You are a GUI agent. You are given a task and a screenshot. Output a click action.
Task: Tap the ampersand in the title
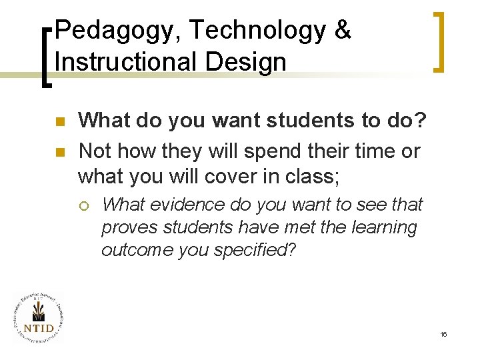pos(342,31)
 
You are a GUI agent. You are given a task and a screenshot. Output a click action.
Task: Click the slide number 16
pos(443,333)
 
